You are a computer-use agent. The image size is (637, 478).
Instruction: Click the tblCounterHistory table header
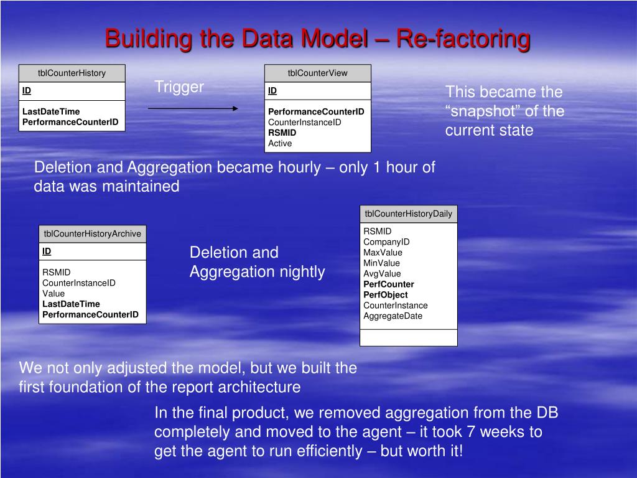pyautogui.click(x=72, y=73)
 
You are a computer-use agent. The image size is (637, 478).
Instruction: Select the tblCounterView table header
pyautogui.click(x=317, y=73)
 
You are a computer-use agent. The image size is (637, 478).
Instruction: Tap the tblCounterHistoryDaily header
pyautogui.click(x=408, y=213)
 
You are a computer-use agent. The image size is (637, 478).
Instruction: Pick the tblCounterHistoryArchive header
pyautogui.click(x=92, y=233)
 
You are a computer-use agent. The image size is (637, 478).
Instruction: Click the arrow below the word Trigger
pyautogui.click(x=193, y=108)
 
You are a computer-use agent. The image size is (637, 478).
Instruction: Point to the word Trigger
pyautogui.click(x=179, y=87)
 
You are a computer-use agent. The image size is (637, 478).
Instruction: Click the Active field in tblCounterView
pyautogui.click(x=280, y=143)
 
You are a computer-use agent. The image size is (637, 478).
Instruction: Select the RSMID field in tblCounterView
pyautogui.click(x=282, y=133)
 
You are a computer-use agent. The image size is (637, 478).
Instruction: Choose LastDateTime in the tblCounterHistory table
pyautogui.click(x=51, y=111)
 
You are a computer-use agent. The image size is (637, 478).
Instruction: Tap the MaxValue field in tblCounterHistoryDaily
pyautogui.click(x=383, y=253)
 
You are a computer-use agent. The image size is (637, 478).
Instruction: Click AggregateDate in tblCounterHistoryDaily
pyautogui.click(x=393, y=316)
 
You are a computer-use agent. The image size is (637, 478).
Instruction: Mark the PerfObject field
pyautogui.click(x=386, y=295)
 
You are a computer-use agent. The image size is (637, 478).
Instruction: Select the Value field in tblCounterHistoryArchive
pyautogui.click(x=53, y=294)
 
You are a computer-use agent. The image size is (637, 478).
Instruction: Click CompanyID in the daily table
pyautogui.click(x=386, y=242)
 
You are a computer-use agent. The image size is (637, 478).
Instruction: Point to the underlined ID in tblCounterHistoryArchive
pyautogui.click(x=47, y=251)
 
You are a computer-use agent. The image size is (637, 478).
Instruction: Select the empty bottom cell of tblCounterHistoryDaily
pyautogui.click(x=408, y=337)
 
